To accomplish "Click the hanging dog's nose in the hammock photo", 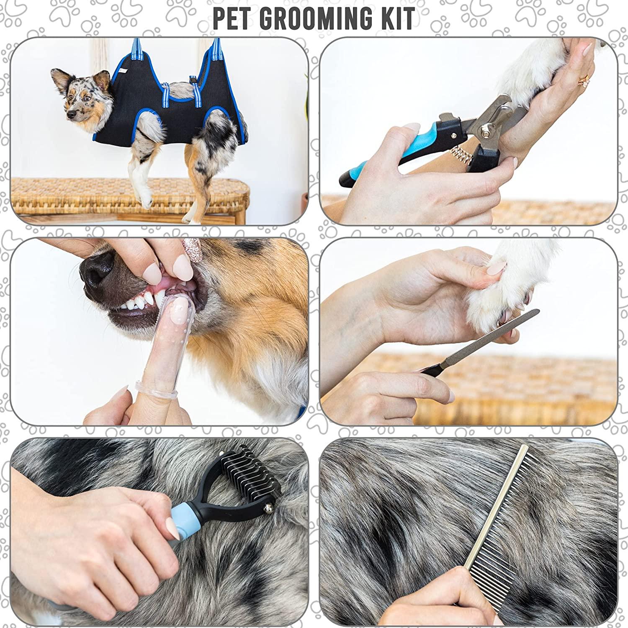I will click(x=67, y=113).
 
